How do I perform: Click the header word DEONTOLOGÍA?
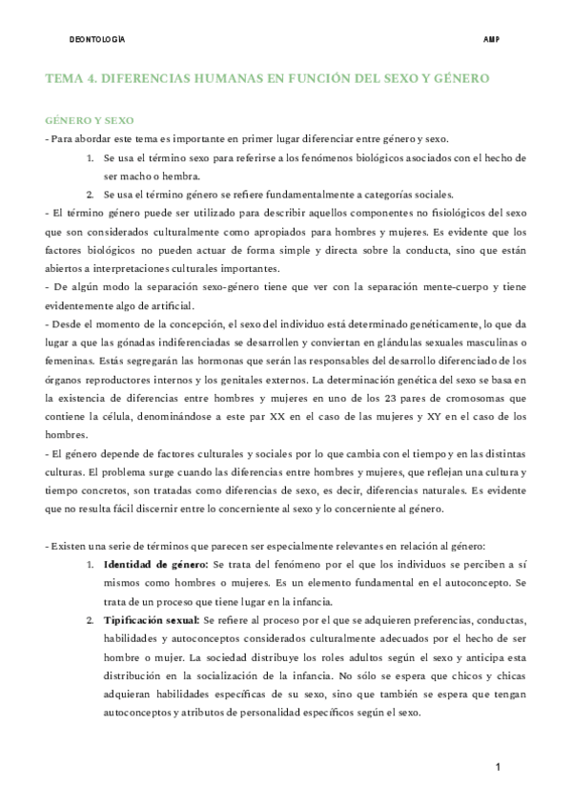tap(98, 41)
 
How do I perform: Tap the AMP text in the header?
tap(493, 41)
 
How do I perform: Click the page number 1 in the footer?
tap(498, 768)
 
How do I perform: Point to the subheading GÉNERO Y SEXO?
tap(90, 121)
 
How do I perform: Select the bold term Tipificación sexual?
tap(152, 620)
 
